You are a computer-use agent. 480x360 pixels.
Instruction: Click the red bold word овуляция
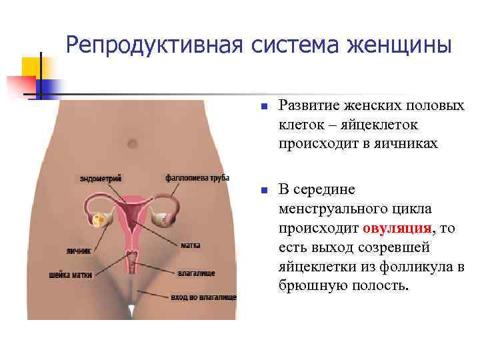point(398,229)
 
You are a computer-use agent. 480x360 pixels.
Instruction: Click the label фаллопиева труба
point(197,178)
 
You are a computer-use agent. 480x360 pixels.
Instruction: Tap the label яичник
point(78,251)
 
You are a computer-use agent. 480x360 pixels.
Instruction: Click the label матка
point(190,245)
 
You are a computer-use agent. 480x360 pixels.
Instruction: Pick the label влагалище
point(196,273)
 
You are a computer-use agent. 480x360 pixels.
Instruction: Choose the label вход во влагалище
point(203,295)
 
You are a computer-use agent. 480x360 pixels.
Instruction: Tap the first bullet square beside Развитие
point(264,106)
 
